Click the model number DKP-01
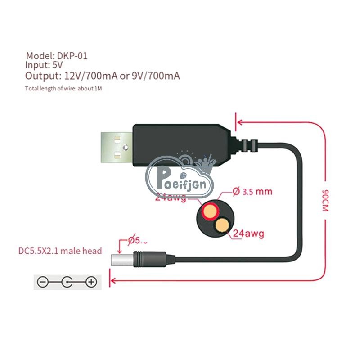[72, 56]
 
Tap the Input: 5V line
[44, 66]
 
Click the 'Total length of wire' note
[63, 88]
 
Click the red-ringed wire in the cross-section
[210, 211]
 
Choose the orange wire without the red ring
[222, 224]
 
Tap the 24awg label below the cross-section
[248, 234]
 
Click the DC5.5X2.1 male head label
[60, 251]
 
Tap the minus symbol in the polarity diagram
[42, 282]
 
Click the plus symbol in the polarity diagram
[91, 282]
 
